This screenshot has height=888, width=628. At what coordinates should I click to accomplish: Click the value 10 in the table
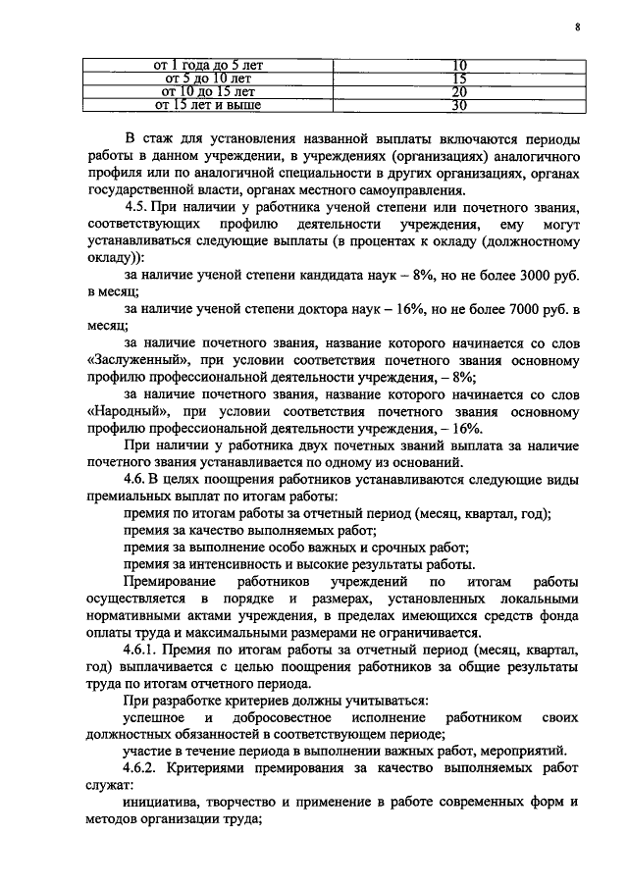click(x=457, y=66)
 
